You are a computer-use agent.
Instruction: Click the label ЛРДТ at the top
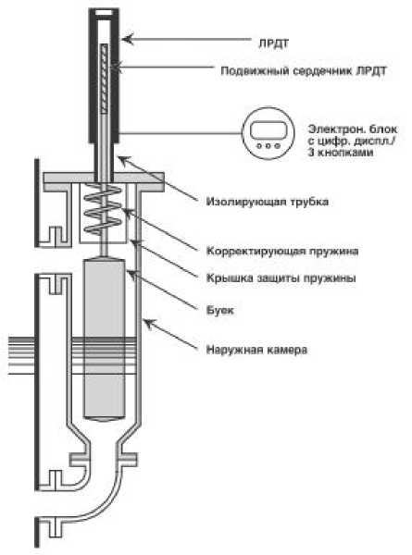pyautogui.click(x=273, y=43)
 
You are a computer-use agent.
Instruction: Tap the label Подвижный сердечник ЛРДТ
pyautogui.click(x=304, y=71)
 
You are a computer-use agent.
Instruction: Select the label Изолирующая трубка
pyautogui.click(x=268, y=202)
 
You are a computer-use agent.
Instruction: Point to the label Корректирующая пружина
pyautogui.click(x=282, y=252)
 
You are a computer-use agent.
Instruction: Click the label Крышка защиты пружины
pyautogui.click(x=281, y=278)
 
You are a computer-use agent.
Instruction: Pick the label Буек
pyautogui.click(x=220, y=311)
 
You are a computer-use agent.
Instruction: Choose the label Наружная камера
pyautogui.click(x=256, y=350)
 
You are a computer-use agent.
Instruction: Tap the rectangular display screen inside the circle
pyautogui.click(x=268, y=130)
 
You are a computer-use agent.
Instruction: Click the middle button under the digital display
pyautogui.click(x=268, y=145)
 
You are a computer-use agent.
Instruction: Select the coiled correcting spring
pyautogui.click(x=103, y=209)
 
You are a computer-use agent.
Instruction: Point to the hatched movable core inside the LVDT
pyautogui.click(x=104, y=79)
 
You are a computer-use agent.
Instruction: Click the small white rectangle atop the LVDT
pyautogui.click(x=104, y=13)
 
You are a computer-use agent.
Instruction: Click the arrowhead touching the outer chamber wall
pyautogui.click(x=149, y=324)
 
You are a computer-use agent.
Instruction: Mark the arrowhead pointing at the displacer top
pyautogui.click(x=131, y=275)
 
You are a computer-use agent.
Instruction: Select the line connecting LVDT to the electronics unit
pyautogui.click(x=181, y=133)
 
